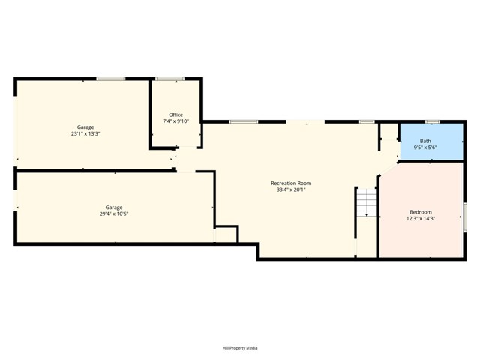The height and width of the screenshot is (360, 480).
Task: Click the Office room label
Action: click(x=175, y=115)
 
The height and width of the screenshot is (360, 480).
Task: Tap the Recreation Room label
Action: click(x=291, y=183)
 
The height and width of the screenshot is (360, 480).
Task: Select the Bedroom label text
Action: click(x=421, y=212)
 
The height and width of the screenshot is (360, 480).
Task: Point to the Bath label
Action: click(x=425, y=141)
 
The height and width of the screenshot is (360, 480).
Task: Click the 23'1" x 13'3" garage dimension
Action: click(x=85, y=133)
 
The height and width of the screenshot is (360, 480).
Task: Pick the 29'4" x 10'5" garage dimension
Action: click(x=114, y=214)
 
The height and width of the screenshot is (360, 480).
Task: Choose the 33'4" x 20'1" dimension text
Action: click(x=291, y=190)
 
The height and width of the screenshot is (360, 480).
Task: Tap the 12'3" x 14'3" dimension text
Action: click(x=421, y=218)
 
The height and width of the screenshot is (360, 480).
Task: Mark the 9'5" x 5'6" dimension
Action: click(x=425, y=148)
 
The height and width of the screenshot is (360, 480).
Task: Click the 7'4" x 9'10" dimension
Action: click(x=175, y=121)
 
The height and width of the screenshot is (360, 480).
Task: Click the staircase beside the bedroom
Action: click(x=367, y=203)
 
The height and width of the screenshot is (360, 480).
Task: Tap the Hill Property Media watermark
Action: click(x=240, y=348)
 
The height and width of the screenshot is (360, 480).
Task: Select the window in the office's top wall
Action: click(x=170, y=79)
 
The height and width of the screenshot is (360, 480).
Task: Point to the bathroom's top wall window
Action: click(x=433, y=121)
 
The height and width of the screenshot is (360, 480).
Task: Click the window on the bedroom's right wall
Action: click(x=464, y=217)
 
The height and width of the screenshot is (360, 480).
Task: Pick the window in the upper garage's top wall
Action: click(x=111, y=79)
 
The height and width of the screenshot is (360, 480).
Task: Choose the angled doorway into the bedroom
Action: click(x=388, y=169)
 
